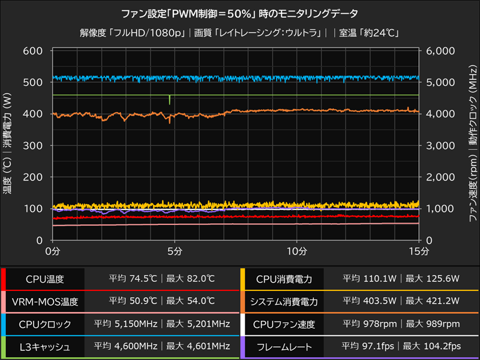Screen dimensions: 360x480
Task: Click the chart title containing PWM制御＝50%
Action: point(240,13)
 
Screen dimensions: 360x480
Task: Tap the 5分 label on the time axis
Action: point(175,249)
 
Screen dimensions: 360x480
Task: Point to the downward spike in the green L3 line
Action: point(170,100)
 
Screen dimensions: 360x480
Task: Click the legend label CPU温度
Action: point(46,279)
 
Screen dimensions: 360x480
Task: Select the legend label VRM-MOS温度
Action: point(46,301)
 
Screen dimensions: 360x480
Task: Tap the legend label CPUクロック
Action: point(46,324)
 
